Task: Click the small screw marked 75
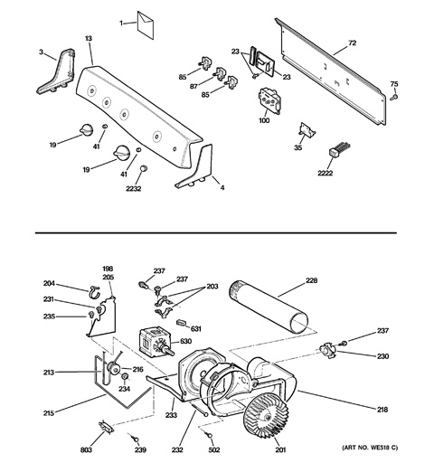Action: [x=393, y=97]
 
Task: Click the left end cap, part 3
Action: [x=58, y=72]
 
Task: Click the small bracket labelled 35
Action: [x=306, y=136]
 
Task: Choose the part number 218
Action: [x=382, y=410]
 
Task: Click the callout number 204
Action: [x=50, y=283]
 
